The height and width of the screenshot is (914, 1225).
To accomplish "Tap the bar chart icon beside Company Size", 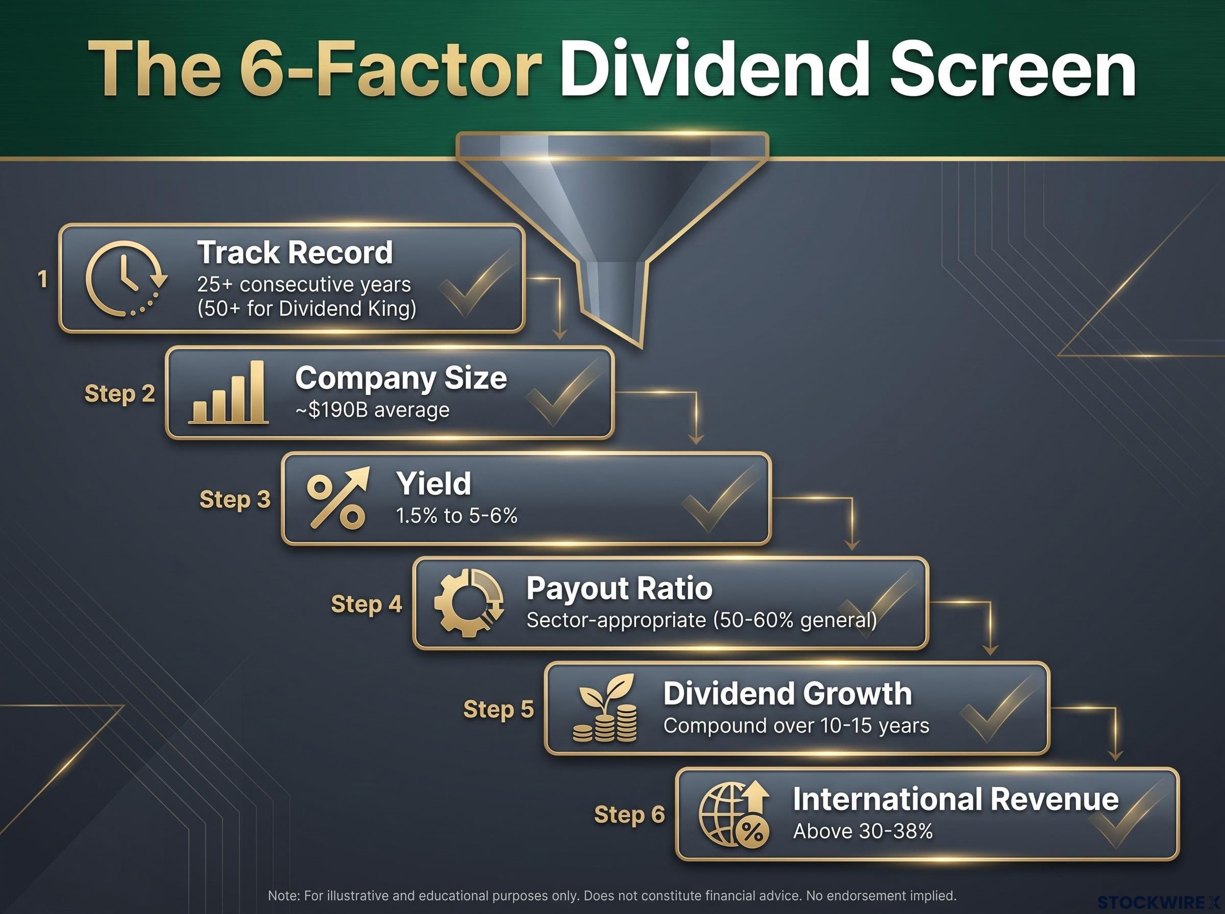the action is pos(229,392).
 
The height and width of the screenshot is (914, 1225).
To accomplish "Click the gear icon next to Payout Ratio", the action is pos(468,602).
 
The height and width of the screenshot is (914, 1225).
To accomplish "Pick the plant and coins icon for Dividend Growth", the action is pos(604,707).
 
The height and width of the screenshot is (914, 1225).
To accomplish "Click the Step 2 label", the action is pos(119,394).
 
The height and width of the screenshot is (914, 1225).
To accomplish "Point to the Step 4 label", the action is pos(366,604).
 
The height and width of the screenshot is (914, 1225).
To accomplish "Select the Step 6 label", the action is pos(629,815).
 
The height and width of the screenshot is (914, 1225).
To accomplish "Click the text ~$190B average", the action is pos(373,410).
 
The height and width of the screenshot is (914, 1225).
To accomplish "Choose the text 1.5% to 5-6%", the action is pos(457,516).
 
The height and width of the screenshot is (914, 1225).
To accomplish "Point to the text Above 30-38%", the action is pos(863,831).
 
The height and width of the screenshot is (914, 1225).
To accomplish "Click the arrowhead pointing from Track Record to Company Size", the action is pos(560,334).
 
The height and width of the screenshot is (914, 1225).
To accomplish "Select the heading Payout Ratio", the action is pos(620,588).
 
